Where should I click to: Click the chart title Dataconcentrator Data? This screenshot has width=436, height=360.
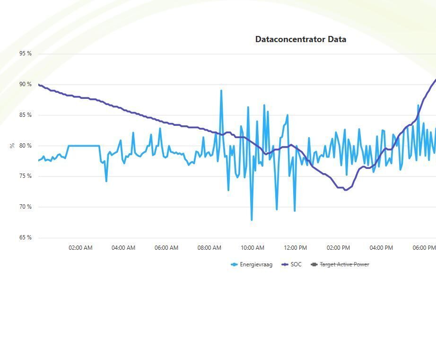(x=300, y=39)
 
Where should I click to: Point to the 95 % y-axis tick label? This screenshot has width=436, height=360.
(x=26, y=53)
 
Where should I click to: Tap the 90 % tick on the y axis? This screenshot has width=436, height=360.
(x=26, y=84)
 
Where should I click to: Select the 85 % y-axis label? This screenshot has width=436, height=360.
(x=26, y=115)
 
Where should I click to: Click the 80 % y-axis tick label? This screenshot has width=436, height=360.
(x=26, y=146)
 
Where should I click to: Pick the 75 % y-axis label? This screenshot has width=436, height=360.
(x=26, y=176)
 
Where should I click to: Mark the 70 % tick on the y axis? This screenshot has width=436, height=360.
(x=26, y=207)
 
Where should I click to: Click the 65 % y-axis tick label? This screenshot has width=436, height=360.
(x=26, y=237)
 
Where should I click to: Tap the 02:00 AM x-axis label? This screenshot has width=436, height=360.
(x=80, y=248)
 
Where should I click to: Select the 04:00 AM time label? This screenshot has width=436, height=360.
(x=123, y=248)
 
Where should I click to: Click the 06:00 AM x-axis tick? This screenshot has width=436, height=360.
(x=166, y=248)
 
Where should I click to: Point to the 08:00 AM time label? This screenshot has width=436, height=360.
(x=209, y=248)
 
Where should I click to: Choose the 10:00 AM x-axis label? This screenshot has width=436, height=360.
(x=253, y=248)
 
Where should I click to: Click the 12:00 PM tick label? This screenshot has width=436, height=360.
(x=296, y=248)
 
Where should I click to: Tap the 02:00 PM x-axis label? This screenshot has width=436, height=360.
(x=339, y=248)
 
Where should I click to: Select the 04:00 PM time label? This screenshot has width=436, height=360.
(x=381, y=248)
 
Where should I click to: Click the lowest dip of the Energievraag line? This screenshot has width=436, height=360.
(x=252, y=220)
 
